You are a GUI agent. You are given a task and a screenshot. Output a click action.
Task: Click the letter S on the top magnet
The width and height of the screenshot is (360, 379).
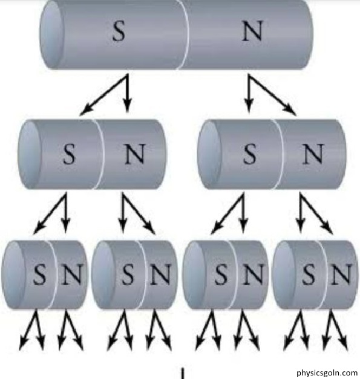pyautogui.click(x=119, y=31)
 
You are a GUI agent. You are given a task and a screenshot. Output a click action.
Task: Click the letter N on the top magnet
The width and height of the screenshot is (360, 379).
pyautogui.click(x=252, y=31)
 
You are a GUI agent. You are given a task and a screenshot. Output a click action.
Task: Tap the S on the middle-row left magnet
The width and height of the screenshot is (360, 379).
pyautogui.click(x=69, y=154)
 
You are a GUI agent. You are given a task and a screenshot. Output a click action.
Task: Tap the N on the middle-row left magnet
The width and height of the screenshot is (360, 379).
pyautogui.click(x=135, y=154)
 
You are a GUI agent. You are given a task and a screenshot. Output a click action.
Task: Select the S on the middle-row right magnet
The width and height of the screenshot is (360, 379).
pyautogui.click(x=249, y=154)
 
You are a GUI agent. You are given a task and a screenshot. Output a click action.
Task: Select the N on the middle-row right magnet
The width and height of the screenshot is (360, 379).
pyautogui.click(x=313, y=154)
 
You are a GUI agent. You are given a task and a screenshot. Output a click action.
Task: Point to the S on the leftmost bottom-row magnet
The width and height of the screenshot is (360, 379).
pyautogui.click(x=39, y=274)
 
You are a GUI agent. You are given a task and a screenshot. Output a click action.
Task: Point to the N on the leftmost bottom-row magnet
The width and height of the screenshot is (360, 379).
pyautogui.click(x=71, y=274)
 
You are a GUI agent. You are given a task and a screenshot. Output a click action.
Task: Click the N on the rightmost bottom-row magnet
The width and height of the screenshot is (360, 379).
pyautogui.click(x=341, y=274)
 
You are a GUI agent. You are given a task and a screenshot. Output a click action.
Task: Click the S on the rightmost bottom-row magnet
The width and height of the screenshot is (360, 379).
pyautogui.click(x=309, y=274)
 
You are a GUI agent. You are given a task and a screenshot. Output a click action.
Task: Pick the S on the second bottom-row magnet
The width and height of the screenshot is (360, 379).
pyautogui.click(x=128, y=274)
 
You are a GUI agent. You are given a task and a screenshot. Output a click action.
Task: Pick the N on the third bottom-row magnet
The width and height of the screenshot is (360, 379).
pyautogui.click(x=253, y=274)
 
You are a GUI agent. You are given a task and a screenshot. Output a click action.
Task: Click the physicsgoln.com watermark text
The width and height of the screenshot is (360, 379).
pyautogui.click(x=327, y=372)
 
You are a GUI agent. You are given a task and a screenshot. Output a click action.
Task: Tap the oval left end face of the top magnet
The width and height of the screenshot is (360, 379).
pyautogui.click(x=52, y=35)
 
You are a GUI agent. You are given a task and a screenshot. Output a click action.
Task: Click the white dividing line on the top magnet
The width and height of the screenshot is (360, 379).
pyautogui.click(x=185, y=35)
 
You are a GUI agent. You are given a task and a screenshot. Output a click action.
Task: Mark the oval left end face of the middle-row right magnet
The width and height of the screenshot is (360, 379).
pyautogui.click(x=209, y=154)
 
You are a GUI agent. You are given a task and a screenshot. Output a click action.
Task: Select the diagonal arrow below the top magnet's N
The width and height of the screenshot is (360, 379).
pyautogui.click(x=272, y=95)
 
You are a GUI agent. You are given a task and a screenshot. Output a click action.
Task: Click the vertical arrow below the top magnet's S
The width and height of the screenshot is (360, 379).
pyautogui.click(x=128, y=94)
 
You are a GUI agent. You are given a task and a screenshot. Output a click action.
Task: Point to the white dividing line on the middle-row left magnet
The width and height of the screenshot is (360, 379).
pyautogui.click(x=100, y=154)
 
